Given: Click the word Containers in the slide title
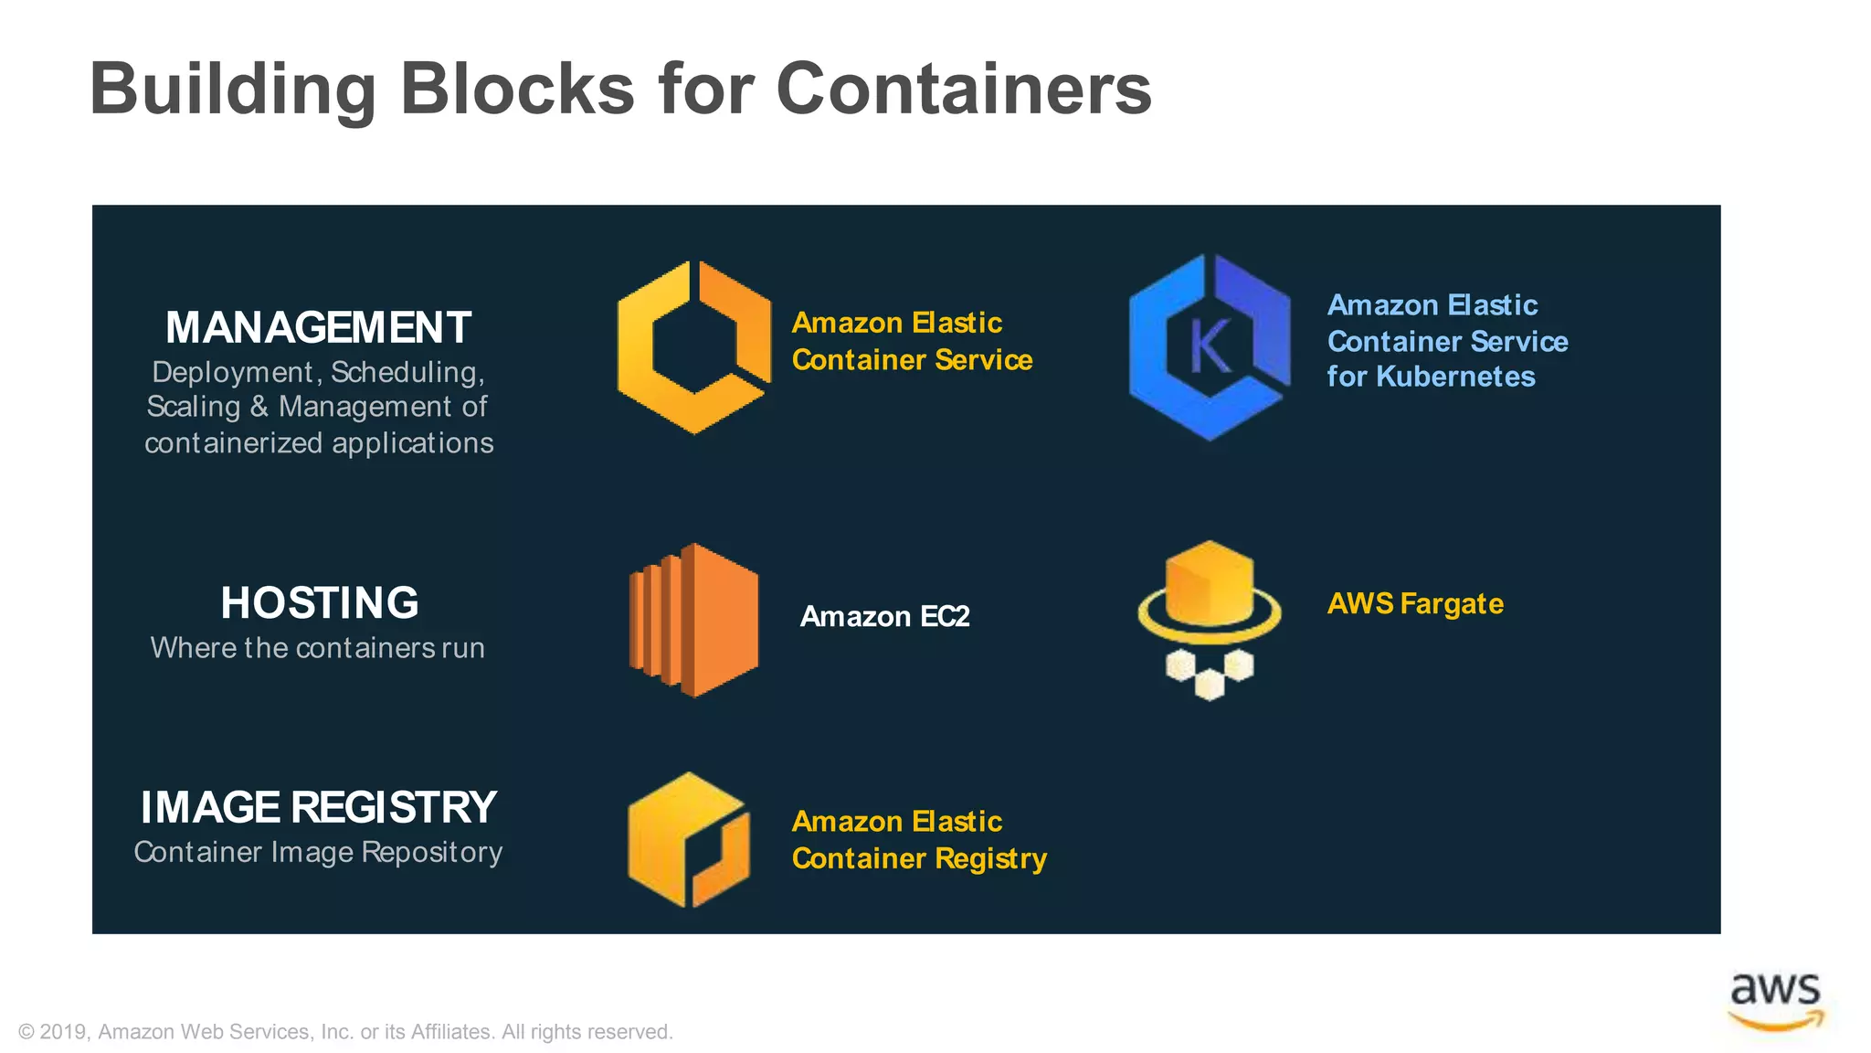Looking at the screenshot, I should point(964,90).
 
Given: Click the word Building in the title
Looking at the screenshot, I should point(233,90).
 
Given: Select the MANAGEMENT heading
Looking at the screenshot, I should point(318,327).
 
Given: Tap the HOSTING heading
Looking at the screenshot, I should point(320,603).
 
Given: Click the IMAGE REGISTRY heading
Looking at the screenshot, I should point(318,807).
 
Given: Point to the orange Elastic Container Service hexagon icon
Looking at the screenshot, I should point(694,347).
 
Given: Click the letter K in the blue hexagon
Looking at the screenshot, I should point(1210,347).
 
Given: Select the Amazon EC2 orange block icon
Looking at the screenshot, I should point(694,620).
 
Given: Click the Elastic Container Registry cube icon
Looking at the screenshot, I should point(689,839).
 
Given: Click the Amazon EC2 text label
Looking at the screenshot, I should point(884,617).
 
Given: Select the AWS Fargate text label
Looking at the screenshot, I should point(1415,604).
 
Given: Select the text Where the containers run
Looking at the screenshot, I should point(318,648).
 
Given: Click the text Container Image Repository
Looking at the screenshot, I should point(318,852).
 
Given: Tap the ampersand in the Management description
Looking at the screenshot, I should point(259,407).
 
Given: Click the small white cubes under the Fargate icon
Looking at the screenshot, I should point(1209,675).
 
